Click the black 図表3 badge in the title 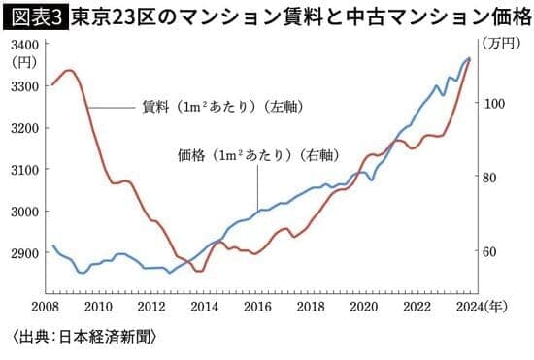[x=34, y=16]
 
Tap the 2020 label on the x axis [x=362, y=308]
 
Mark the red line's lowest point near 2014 [x=198, y=272]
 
